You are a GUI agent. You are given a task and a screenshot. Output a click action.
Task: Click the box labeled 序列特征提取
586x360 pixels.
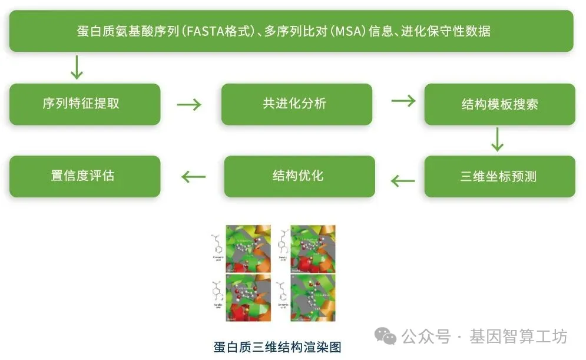85,104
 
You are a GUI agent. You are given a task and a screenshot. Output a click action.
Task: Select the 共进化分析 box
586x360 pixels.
296,104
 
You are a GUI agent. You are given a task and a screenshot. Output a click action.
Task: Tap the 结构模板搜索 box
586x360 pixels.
499,105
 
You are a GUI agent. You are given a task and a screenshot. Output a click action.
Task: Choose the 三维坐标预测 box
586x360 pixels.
499,176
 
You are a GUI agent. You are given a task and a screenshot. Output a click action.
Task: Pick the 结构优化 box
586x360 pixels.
299,176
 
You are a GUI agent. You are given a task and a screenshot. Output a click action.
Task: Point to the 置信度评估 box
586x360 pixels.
85,176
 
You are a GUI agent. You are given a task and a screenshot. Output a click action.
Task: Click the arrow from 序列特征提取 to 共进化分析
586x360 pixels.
189,105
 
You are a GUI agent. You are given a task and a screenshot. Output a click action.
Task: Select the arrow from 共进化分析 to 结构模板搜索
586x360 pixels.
403,101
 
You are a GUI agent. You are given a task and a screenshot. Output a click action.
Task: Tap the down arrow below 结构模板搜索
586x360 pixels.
498,139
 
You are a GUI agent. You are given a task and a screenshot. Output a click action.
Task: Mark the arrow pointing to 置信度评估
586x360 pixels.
193,177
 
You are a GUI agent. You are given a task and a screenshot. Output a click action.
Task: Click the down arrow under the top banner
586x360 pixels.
77,67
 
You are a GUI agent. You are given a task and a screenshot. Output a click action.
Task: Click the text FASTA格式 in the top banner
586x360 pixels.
216,31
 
